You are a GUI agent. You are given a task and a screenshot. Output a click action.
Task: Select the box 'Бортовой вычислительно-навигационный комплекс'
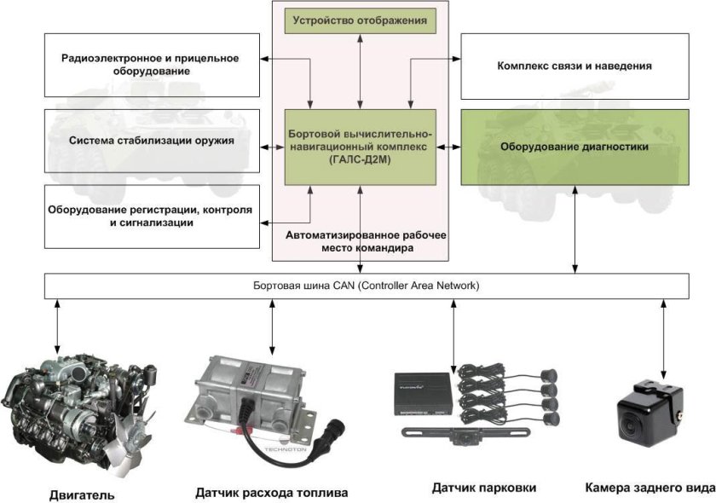pyautogui.click(x=360, y=147)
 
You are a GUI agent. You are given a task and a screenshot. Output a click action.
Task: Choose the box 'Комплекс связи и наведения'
pyautogui.click(x=573, y=66)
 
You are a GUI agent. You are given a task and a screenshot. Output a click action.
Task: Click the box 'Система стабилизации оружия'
pyautogui.click(x=153, y=140)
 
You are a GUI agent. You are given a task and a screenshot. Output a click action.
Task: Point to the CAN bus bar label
pyautogui.click(x=367, y=286)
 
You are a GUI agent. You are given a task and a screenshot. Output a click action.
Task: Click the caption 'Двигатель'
pyautogui.click(x=81, y=494)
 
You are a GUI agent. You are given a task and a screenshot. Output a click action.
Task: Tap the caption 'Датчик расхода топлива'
pyautogui.click(x=271, y=493)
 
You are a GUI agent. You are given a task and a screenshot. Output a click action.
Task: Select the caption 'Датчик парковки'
pyautogui.click(x=485, y=488)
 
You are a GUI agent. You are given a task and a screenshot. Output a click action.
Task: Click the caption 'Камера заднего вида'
pyautogui.click(x=649, y=488)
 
